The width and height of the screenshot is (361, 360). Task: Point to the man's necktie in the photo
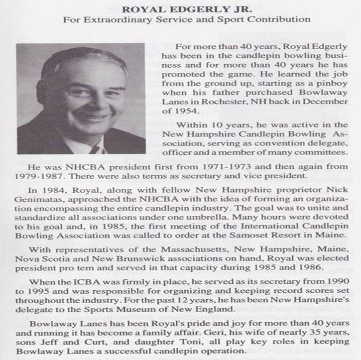(95, 149)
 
